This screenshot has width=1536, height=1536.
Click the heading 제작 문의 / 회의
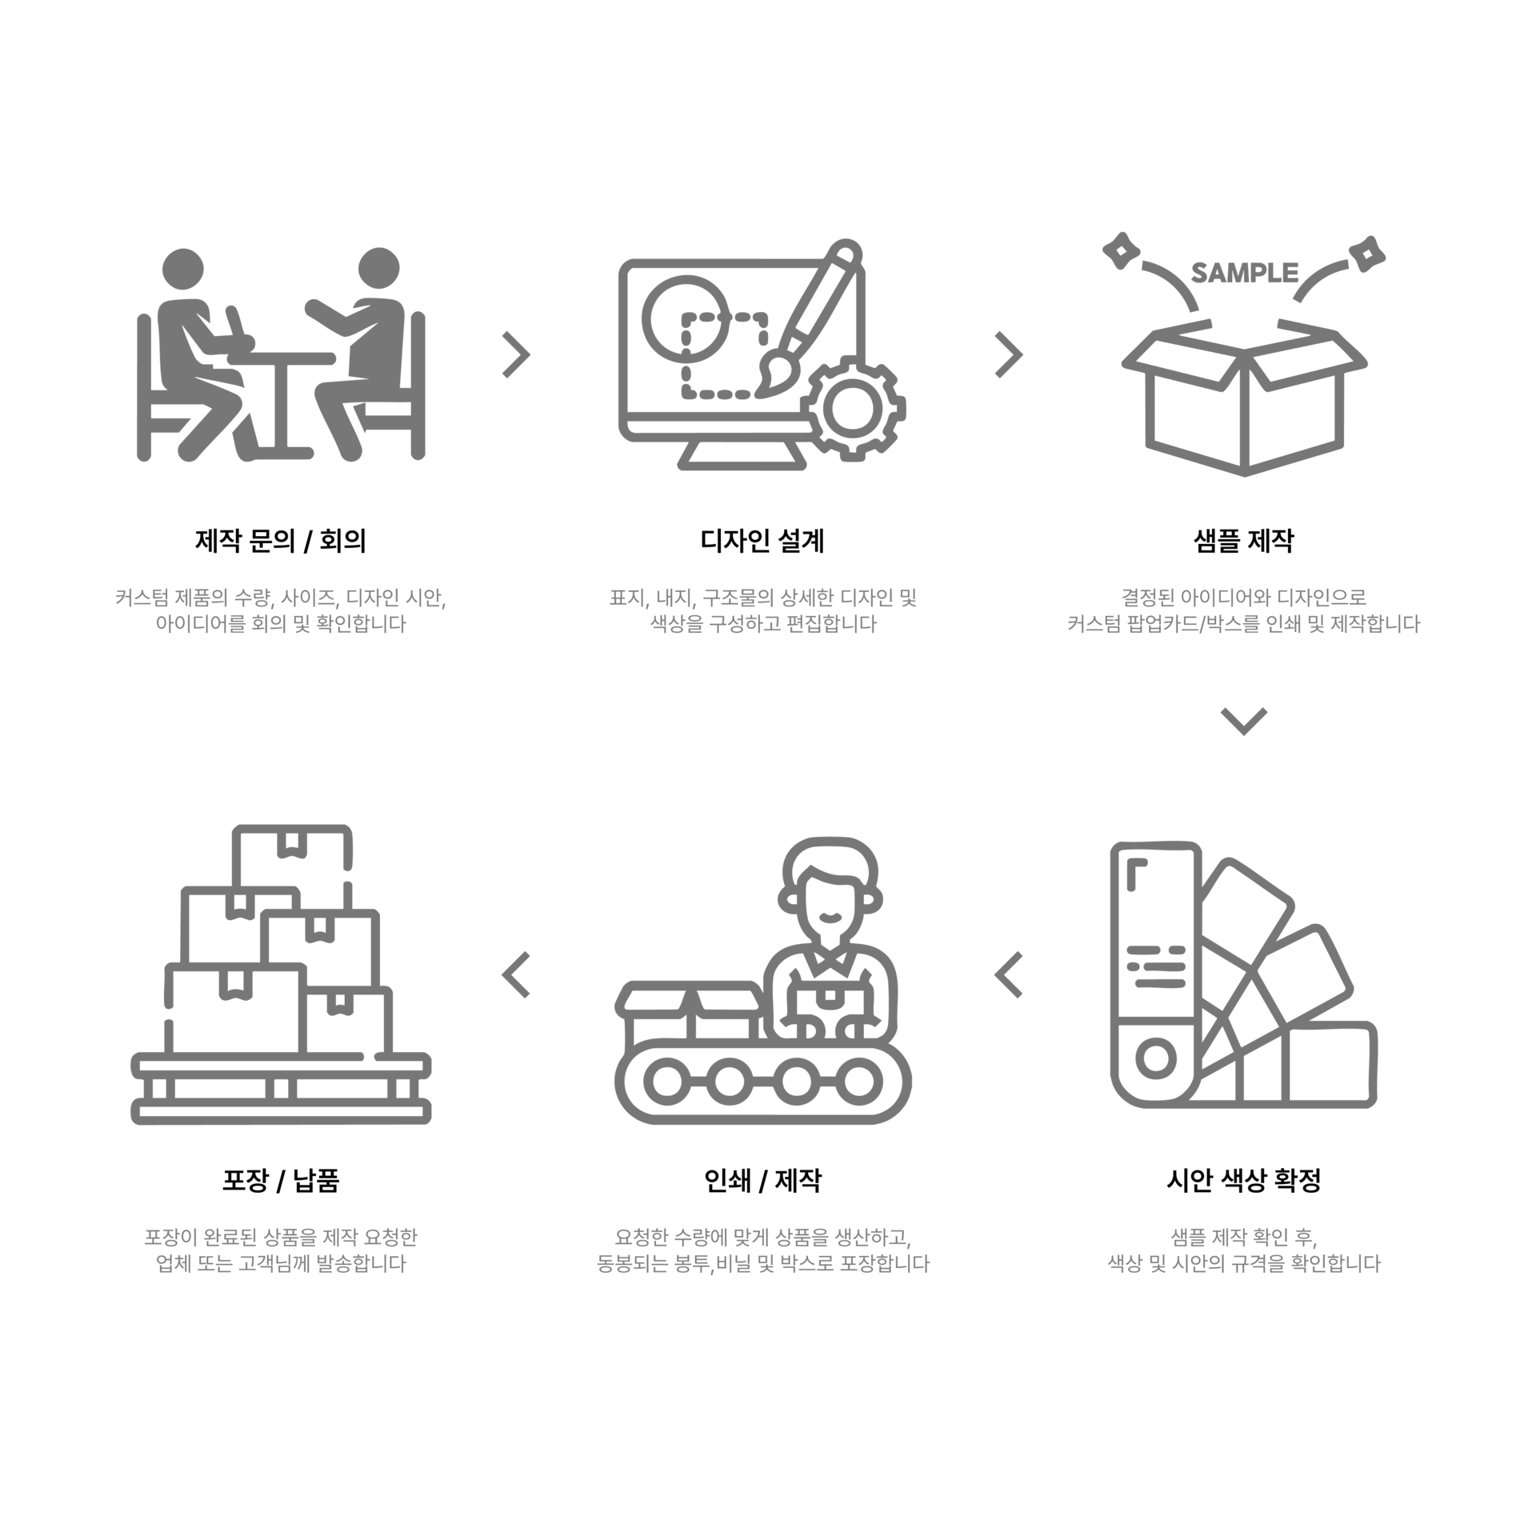280,541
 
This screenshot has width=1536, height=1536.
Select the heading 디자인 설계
762,541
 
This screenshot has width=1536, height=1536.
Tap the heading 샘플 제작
1243,541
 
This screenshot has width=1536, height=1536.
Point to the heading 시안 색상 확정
1243,1180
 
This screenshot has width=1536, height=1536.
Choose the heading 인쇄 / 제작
762,1180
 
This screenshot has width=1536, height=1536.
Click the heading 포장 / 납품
280,1180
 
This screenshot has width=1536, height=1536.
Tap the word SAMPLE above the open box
1244,273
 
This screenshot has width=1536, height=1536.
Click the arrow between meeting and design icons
516,354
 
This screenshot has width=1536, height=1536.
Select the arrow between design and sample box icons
1009,354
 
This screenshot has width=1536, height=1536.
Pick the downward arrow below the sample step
1244,721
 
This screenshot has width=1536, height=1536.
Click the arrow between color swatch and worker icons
1009,974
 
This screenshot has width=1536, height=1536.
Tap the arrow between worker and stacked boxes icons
516,974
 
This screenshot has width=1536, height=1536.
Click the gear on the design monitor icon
852,408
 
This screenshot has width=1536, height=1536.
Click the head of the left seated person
183,269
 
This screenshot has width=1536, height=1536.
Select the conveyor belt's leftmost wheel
667,1082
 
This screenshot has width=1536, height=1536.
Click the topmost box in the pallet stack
292,857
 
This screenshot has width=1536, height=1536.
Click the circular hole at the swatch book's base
1156,1058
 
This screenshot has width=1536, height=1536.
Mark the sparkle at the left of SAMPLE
1121,250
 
